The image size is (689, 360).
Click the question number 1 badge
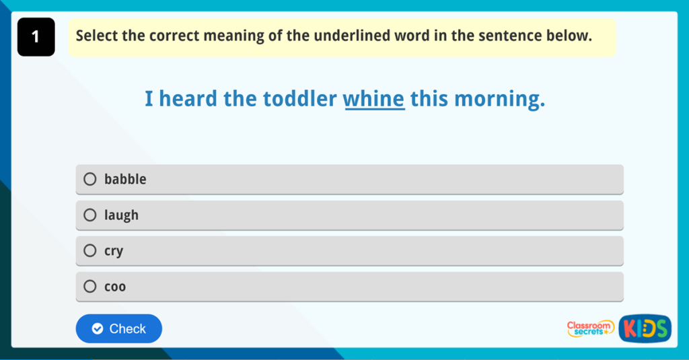point(36,37)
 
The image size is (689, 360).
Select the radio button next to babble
point(90,179)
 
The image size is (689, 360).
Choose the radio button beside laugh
point(90,215)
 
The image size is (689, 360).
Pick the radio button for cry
point(90,251)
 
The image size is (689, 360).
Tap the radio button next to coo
point(90,287)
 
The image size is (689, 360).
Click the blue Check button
point(119,328)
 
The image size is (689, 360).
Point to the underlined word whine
point(374,100)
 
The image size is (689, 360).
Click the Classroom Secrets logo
point(591,328)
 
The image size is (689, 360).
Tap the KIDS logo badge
point(645,328)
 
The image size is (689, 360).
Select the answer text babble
point(125,179)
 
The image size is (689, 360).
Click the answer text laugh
point(121,215)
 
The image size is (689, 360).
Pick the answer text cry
point(114,251)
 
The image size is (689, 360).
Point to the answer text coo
point(115,287)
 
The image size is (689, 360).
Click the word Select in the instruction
point(97,36)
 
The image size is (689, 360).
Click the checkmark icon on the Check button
point(98,328)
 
